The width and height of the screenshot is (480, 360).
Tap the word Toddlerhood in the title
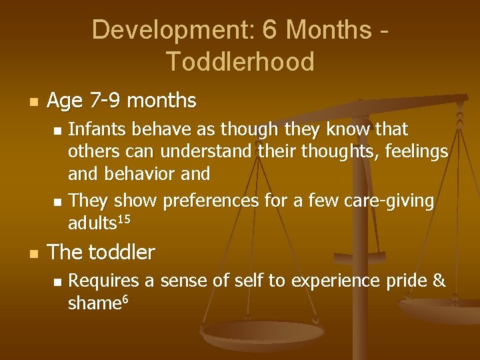tap(240, 61)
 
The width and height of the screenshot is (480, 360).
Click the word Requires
tap(103, 281)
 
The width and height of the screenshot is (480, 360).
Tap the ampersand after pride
tap(439, 281)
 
